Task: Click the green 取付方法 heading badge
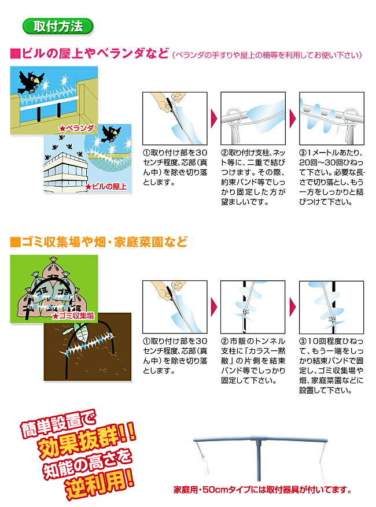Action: pyautogui.click(x=58, y=27)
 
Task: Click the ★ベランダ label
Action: pyautogui.click(x=76, y=129)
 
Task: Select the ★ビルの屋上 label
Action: pyautogui.click(x=106, y=187)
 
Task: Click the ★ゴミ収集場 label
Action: pyautogui.click(x=73, y=316)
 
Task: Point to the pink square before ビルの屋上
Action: pyautogui.click(x=15, y=54)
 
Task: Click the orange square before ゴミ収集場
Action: pyautogui.click(x=15, y=242)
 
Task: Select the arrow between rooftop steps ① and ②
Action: pyautogui.click(x=214, y=119)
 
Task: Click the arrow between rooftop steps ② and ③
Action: pyautogui.click(x=293, y=119)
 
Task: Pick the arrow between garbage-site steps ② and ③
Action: pyautogui.click(x=293, y=307)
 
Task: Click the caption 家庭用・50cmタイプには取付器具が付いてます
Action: pyautogui.click(x=263, y=490)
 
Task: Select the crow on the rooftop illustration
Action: pyautogui.click(x=111, y=134)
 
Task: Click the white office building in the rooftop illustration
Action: pyautogui.click(x=66, y=172)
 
